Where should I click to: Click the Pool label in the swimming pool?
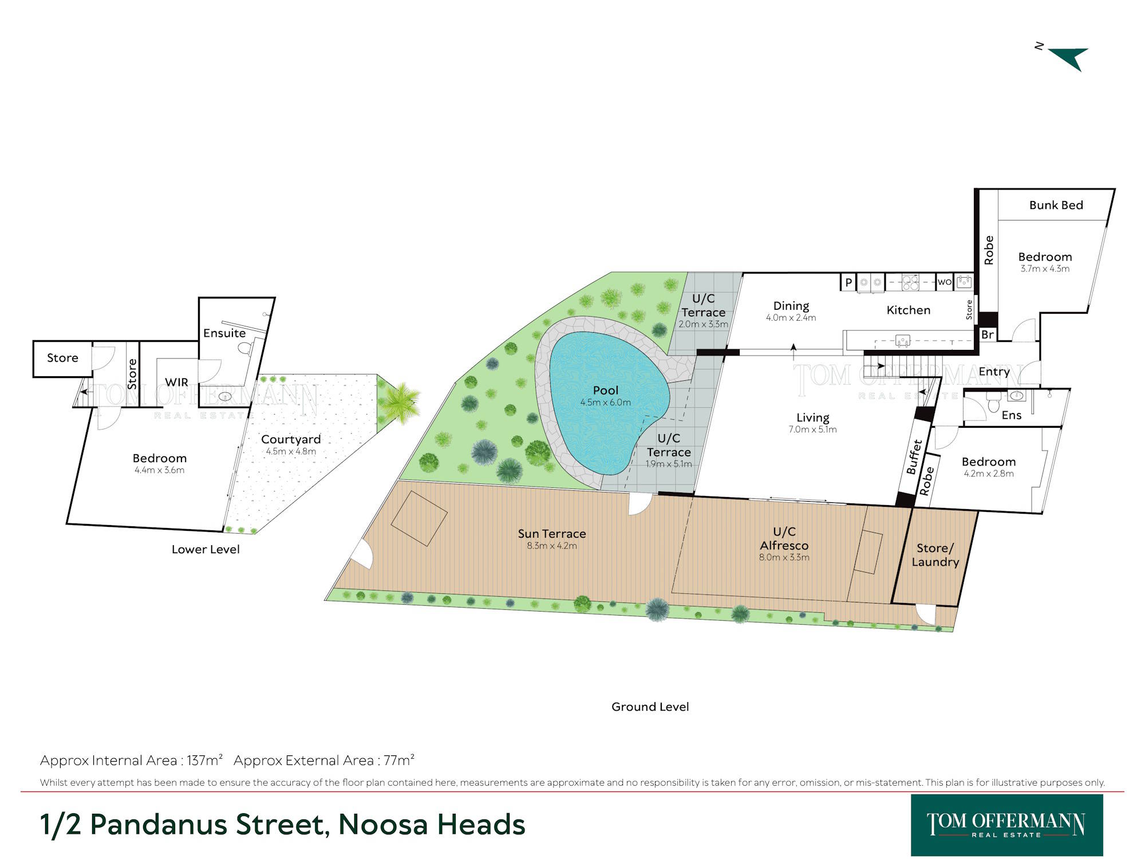(x=606, y=390)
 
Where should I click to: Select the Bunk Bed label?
(x=1056, y=205)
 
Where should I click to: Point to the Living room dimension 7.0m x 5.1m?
(x=812, y=429)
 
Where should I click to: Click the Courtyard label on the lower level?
(x=291, y=439)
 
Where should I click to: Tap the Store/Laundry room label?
(x=935, y=555)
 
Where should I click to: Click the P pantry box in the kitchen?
(x=848, y=282)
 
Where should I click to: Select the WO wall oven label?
(x=945, y=282)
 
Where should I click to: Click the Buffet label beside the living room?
(x=914, y=456)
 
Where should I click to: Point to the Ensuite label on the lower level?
(x=224, y=333)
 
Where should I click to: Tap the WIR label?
(x=176, y=382)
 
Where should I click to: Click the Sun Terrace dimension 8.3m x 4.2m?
(x=552, y=546)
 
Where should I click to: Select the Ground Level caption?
(x=650, y=707)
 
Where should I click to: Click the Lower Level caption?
(x=206, y=549)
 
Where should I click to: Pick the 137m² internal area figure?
(x=204, y=761)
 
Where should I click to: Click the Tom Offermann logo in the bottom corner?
(x=1006, y=825)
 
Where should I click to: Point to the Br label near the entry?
(x=988, y=334)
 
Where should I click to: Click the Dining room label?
(x=791, y=306)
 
